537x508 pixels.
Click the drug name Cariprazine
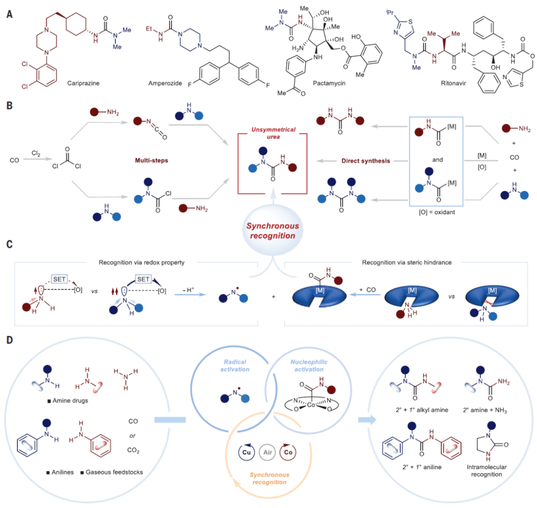[x=83, y=83]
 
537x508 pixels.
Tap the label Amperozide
[x=165, y=83]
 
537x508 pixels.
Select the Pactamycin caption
[x=329, y=83]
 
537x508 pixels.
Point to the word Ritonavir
[x=453, y=83]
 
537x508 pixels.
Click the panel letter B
[x=9, y=105]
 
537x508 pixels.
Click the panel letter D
[x=9, y=340]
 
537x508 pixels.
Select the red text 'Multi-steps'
[x=151, y=161]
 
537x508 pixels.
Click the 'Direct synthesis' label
[x=366, y=161]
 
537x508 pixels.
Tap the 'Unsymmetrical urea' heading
[x=273, y=133]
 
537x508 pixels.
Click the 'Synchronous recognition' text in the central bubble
[x=272, y=231]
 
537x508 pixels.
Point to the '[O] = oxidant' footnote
[x=437, y=212]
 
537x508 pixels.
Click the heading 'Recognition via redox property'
[x=141, y=262]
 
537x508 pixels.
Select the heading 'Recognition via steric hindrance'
[x=407, y=262]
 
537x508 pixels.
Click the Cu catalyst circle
[x=247, y=452]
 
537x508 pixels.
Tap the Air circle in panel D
[x=268, y=452]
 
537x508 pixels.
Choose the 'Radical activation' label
[x=235, y=366]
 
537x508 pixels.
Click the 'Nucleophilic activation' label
[x=309, y=366]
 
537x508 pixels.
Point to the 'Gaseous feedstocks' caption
[x=114, y=472]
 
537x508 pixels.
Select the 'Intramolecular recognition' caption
[x=487, y=471]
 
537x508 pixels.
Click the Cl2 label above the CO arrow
[x=36, y=154]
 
